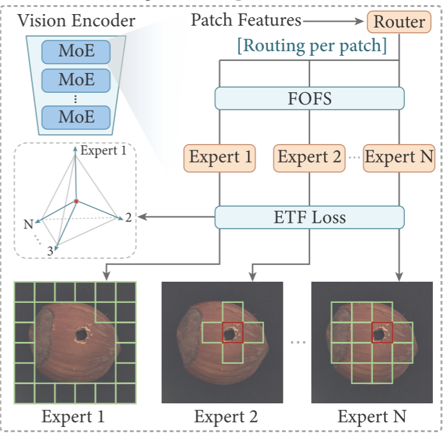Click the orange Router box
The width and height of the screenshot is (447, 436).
click(x=399, y=22)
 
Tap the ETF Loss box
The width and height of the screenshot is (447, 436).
click(x=310, y=217)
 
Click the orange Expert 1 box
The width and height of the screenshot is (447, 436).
click(x=219, y=157)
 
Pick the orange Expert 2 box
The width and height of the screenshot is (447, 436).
click(x=310, y=157)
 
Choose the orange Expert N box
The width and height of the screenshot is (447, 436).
click(x=399, y=157)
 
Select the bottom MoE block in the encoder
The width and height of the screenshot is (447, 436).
click(x=76, y=117)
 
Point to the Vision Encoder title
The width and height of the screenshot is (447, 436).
click(x=76, y=20)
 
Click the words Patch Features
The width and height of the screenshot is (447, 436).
click(x=246, y=20)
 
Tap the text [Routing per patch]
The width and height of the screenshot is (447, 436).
click(x=311, y=47)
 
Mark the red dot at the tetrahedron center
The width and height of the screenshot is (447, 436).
click(x=76, y=202)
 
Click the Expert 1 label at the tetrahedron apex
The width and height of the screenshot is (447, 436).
click(x=107, y=152)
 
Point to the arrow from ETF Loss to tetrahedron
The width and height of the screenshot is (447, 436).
click(x=176, y=218)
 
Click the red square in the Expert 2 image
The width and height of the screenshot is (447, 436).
click(x=232, y=334)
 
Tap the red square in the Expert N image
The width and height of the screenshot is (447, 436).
click(x=382, y=334)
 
